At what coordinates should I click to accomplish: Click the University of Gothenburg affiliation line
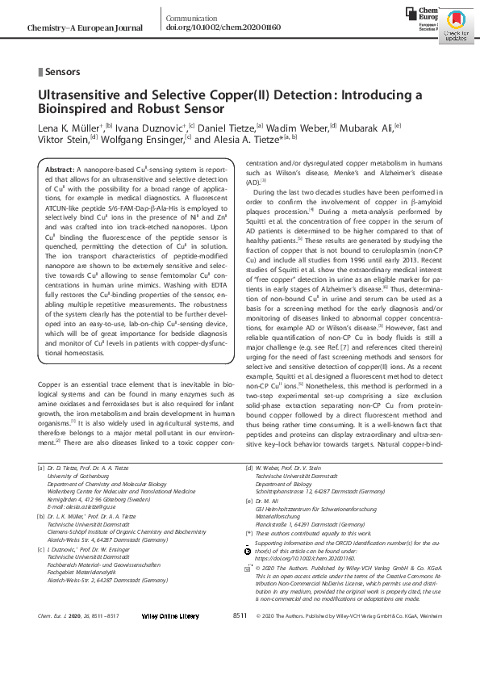pyautogui.click(x=87, y=476)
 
